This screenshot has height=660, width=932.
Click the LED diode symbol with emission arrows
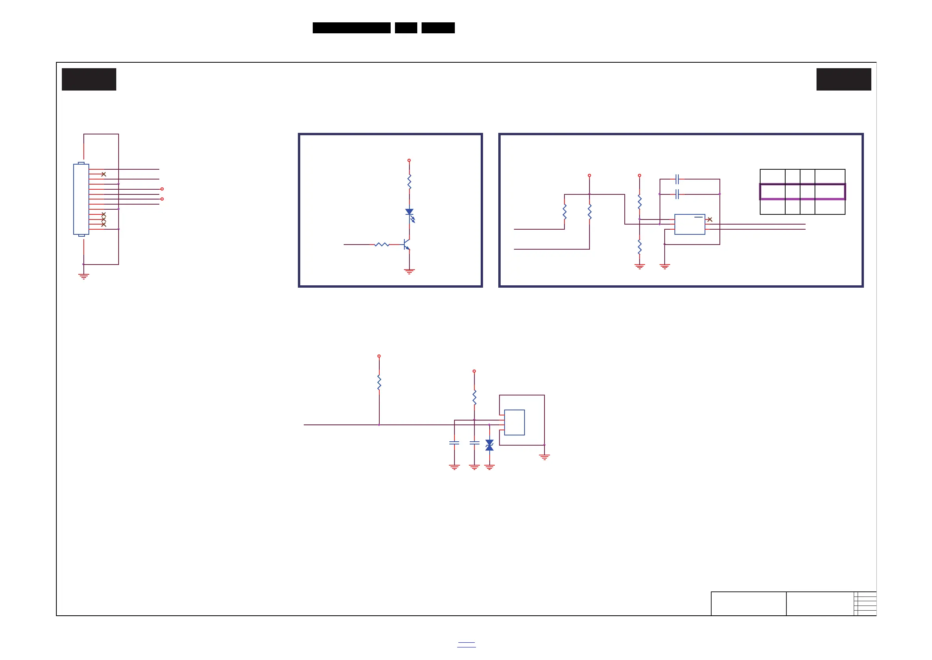pyautogui.click(x=409, y=212)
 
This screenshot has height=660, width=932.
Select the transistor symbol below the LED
pyautogui.click(x=407, y=244)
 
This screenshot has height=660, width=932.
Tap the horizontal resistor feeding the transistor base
pyautogui.click(x=382, y=244)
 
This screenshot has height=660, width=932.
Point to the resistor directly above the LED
pyautogui.click(x=409, y=182)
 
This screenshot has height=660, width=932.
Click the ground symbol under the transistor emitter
pyautogui.click(x=409, y=271)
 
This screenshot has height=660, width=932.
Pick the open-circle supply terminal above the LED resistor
pyautogui.click(x=409, y=161)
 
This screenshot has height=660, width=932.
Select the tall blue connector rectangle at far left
pyautogui.click(x=81, y=199)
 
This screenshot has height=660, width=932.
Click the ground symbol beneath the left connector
pyautogui.click(x=84, y=277)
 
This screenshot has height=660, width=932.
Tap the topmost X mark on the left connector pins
pyautogui.click(x=103, y=174)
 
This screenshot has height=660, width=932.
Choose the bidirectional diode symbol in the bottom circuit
pyautogui.click(x=490, y=445)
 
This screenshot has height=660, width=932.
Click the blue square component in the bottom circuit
pyautogui.click(x=514, y=422)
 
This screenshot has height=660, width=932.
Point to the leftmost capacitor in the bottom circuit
pyautogui.click(x=454, y=442)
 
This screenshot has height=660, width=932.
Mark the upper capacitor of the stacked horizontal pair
pyautogui.click(x=677, y=179)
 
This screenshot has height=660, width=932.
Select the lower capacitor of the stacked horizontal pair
pyautogui.click(x=677, y=194)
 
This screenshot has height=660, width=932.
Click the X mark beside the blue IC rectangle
pyautogui.click(x=710, y=219)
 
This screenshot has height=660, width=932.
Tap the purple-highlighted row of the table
pyautogui.click(x=802, y=191)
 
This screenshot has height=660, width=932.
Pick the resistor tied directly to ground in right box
pyautogui.click(x=639, y=247)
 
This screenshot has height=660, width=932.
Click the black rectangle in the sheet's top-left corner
pyautogui.click(x=89, y=79)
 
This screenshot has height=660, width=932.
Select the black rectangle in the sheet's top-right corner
pyautogui.click(x=844, y=79)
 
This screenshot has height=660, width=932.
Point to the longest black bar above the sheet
pyautogui.click(x=352, y=28)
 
